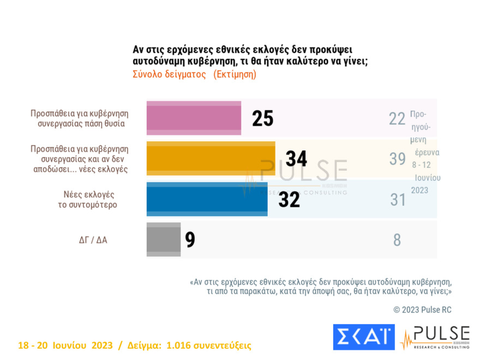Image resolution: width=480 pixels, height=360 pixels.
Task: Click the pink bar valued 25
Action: pos(194,118)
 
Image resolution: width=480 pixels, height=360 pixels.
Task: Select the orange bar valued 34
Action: pos(211,158)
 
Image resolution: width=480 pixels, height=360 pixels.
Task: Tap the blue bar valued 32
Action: pos(207,199)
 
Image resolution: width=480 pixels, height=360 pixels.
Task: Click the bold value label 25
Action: pos(262,118)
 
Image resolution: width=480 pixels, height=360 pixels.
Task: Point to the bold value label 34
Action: pos(296,159)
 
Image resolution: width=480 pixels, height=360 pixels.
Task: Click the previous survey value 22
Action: pos(397,118)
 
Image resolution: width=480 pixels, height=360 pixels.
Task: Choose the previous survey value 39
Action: pos(397,159)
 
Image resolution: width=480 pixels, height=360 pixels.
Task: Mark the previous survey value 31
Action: pos(397,200)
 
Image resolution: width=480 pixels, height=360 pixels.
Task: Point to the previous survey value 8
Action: pos(397,240)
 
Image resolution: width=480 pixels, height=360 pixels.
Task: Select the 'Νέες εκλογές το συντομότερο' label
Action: pos(93,200)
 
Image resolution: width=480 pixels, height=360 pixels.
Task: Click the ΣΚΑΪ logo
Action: pos(363,337)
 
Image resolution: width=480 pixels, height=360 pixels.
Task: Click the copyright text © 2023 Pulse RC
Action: pos(422,310)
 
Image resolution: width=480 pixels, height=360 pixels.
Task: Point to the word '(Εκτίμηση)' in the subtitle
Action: pos(235,74)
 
